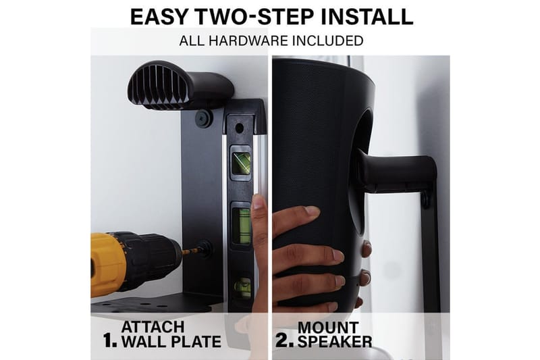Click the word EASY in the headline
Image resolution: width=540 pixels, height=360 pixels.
[159, 16]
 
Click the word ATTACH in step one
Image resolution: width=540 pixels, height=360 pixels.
[153, 327]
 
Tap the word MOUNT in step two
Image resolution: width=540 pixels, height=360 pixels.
[328, 328]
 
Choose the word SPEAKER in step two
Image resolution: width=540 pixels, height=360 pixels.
[335, 341]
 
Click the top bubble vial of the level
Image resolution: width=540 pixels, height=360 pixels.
[240, 163]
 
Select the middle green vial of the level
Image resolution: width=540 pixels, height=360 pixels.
[241, 226]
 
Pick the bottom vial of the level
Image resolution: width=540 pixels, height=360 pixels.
[242, 286]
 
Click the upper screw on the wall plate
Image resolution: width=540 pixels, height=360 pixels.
[202, 118]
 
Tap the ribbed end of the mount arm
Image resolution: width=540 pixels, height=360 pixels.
[158, 85]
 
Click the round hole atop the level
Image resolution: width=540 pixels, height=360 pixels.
[239, 128]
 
